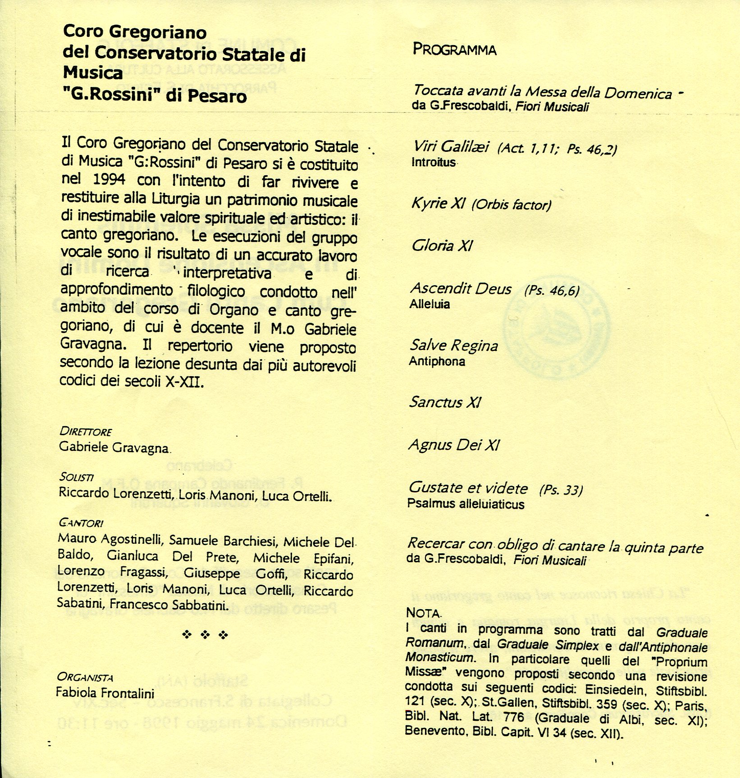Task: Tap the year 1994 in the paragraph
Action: point(109,179)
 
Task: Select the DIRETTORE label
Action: point(85,431)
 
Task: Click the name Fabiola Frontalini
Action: point(105,692)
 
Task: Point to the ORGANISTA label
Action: point(85,677)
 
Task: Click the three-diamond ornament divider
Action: point(205,635)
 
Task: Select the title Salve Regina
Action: point(453,346)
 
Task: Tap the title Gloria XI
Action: point(442,246)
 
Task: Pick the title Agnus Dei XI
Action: point(454,445)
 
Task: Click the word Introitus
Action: point(434,162)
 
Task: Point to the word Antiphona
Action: point(437,361)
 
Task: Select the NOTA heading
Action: point(423,613)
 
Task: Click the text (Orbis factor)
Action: point(511,205)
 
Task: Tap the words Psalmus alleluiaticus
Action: point(466,504)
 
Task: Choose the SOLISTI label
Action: point(76,477)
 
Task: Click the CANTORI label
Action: point(81,523)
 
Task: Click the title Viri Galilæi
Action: point(451,146)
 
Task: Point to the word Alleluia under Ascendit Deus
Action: point(429,304)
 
